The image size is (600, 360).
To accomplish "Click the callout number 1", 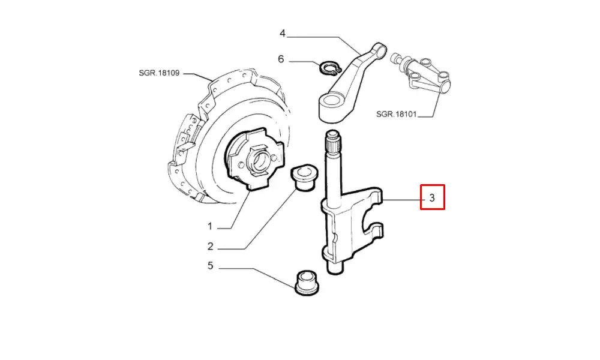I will [210, 226].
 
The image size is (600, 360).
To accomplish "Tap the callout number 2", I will [210, 246].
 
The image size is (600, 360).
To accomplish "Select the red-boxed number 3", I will [432, 197].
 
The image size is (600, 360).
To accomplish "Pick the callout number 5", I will [210, 265].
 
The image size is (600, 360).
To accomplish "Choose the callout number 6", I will [280, 59].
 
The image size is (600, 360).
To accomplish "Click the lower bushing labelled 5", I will [307, 283].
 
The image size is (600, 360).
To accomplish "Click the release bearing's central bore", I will [260, 161].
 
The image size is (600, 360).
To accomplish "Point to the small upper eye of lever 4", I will [378, 49].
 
